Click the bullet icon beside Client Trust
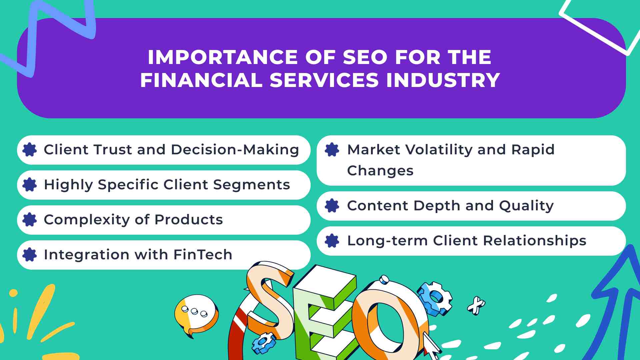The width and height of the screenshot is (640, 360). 30,150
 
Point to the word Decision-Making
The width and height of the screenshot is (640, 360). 235,150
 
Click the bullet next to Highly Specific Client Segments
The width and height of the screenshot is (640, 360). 30,185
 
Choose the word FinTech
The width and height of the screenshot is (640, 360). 203,255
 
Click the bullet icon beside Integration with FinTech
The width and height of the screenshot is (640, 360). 30,255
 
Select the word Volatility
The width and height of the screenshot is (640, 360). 438,150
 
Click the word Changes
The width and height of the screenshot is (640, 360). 380,171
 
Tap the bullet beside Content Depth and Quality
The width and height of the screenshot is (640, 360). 332,206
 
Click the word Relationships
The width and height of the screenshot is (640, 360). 535,241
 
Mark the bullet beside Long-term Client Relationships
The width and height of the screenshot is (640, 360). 332,241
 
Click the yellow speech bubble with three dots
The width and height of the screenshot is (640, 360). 196,315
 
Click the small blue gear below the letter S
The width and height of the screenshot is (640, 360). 264,343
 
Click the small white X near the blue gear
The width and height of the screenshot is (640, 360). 476,305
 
